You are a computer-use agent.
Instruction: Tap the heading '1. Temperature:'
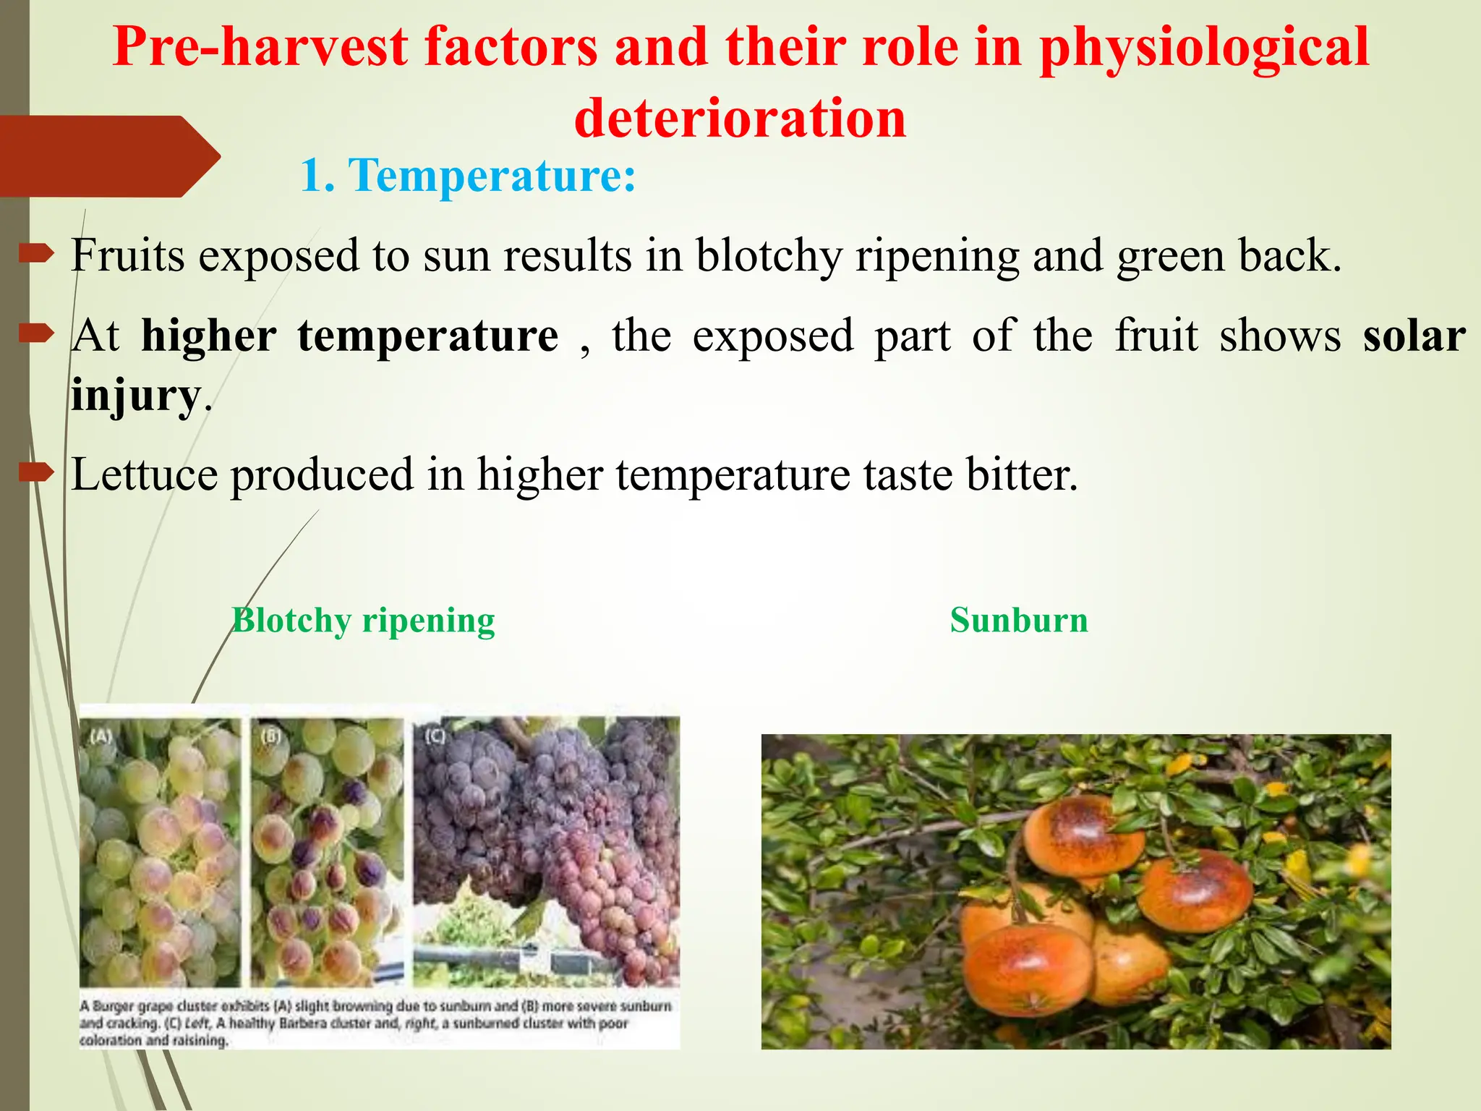pyautogui.click(x=468, y=176)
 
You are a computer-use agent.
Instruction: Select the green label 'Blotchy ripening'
pyautogui.click(x=363, y=621)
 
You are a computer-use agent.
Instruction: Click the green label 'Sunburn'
pyautogui.click(x=1018, y=621)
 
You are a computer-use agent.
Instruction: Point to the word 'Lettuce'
pyautogui.click(x=144, y=475)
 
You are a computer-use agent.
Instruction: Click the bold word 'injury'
pyautogui.click(x=135, y=396)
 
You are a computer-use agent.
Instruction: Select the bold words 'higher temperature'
pyautogui.click(x=350, y=336)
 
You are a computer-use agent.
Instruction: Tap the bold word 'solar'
pyautogui.click(x=1414, y=336)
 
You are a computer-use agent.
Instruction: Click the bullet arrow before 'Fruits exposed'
pyautogui.click(x=36, y=253)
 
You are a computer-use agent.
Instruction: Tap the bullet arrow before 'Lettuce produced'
pyautogui.click(x=36, y=473)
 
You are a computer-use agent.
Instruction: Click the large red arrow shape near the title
pyautogui.click(x=108, y=156)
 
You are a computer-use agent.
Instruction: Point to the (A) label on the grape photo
pyautogui.click(x=101, y=736)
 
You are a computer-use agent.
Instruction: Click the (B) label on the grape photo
pyautogui.click(x=270, y=736)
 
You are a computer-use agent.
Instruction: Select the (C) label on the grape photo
pyautogui.click(x=435, y=736)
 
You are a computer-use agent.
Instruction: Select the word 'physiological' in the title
pyautogui.click(x=1203, y=47)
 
